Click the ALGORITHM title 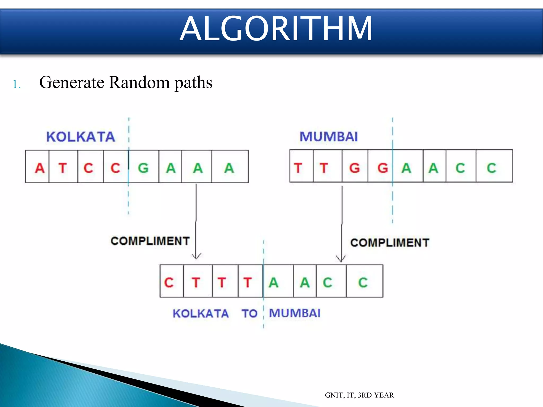point(276,29)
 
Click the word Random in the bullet point(139,82)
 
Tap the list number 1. point(16,85)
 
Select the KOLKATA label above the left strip point(81,137)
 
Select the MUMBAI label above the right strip point(329,137)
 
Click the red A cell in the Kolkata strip point(40,168)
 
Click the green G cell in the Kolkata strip point(143,168)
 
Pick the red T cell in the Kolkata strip point(63,168)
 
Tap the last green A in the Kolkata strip point(229,168)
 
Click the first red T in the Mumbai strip point(298,168)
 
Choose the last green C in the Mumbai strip point(491,168)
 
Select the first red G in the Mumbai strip point(354,168)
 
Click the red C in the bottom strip point(169,282)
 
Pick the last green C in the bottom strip point(363,282)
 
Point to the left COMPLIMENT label point(150,241)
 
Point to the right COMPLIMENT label point(390,243)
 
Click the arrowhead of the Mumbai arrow point(341,259)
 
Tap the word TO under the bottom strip point(249,314)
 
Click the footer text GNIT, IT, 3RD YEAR point(359,395)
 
